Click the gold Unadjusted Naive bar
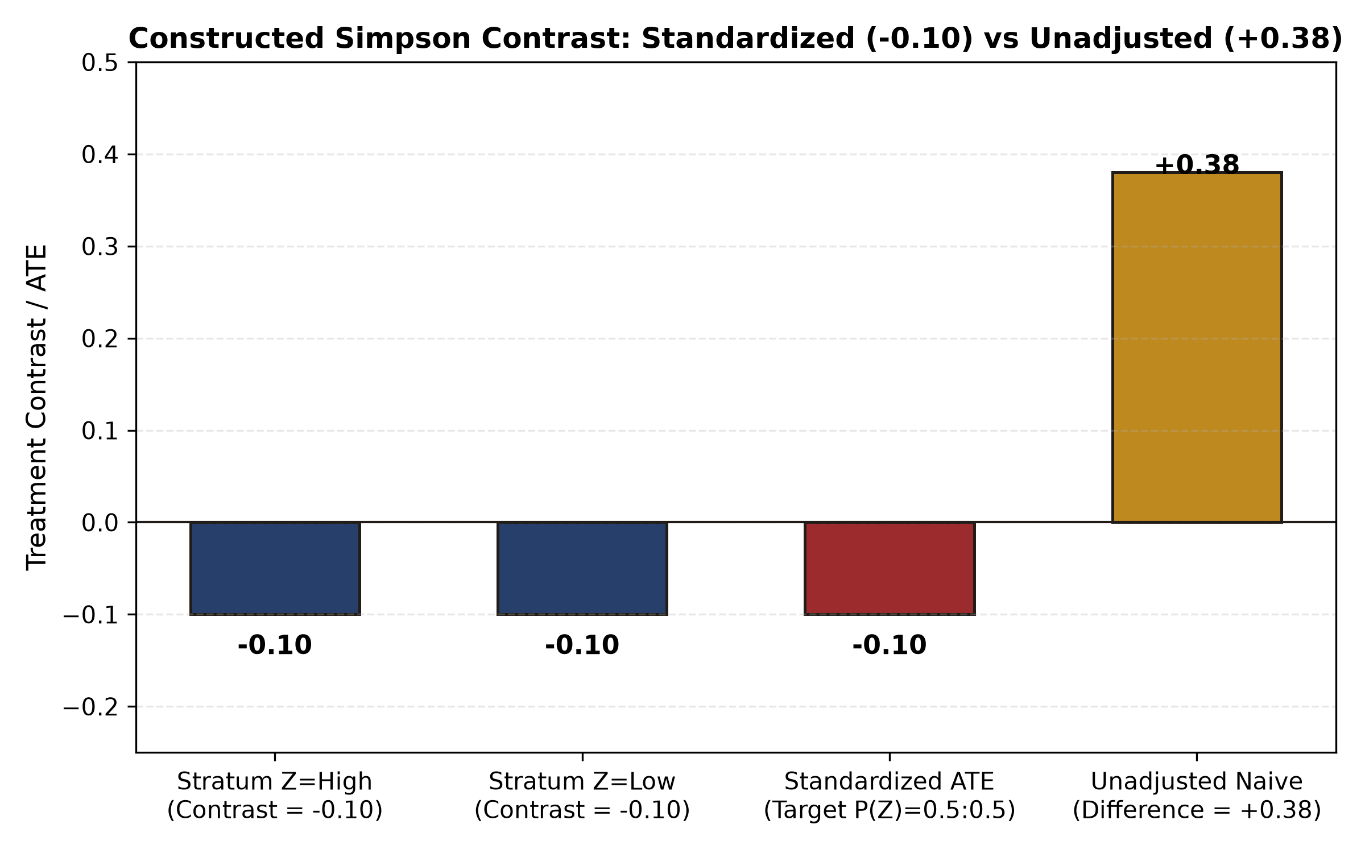1197,347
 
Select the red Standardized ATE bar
890,568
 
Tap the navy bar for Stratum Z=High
275,568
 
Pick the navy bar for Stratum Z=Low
582,568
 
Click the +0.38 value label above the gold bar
1197,165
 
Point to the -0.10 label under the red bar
890,645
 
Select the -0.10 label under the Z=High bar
275,645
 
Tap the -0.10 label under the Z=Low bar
582,645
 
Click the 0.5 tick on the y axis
100,63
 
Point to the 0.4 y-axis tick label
100,155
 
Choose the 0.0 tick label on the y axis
100,523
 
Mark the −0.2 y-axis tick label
90,707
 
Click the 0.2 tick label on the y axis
100,339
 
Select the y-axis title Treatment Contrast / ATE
37,407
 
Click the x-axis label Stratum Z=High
275,782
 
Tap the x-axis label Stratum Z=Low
582,782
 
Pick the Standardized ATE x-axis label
890,782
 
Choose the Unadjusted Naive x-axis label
1197,782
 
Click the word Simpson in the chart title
403,39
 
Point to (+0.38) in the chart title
1283,39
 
